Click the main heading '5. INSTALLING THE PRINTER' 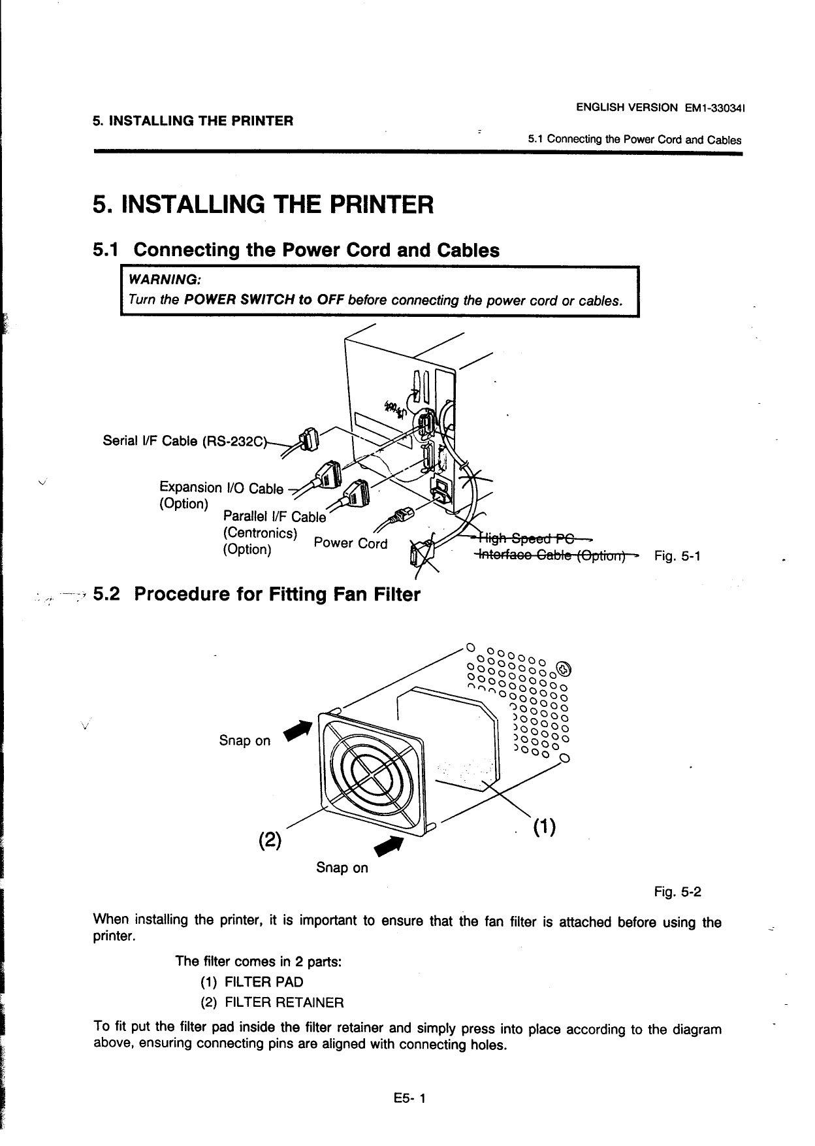coord(263,205)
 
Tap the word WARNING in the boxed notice coord(165,280)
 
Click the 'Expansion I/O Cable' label coord(221,488)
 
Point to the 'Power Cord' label coord(351,543)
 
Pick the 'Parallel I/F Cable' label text coord(274,517)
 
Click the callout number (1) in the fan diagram coord(543,828)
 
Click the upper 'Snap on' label coord(244,740)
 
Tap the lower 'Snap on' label coord(342,868)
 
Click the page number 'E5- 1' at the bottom coord(409,1098)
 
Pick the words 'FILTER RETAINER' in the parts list coord(284,1002)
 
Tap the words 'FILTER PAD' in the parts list coord(264,982)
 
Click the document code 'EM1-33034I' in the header coord(716,107)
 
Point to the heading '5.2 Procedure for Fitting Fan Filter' coord(257,595)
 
